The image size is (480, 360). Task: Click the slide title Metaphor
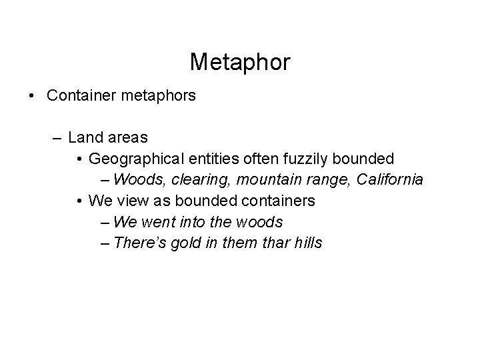[x=240, y=62]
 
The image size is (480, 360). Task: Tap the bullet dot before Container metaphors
[x=33, y=96]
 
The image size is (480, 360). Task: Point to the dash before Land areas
[x=58, y=138]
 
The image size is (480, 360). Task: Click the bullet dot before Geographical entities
[x=79, y=159]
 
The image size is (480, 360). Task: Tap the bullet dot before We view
[x=79, y=201]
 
